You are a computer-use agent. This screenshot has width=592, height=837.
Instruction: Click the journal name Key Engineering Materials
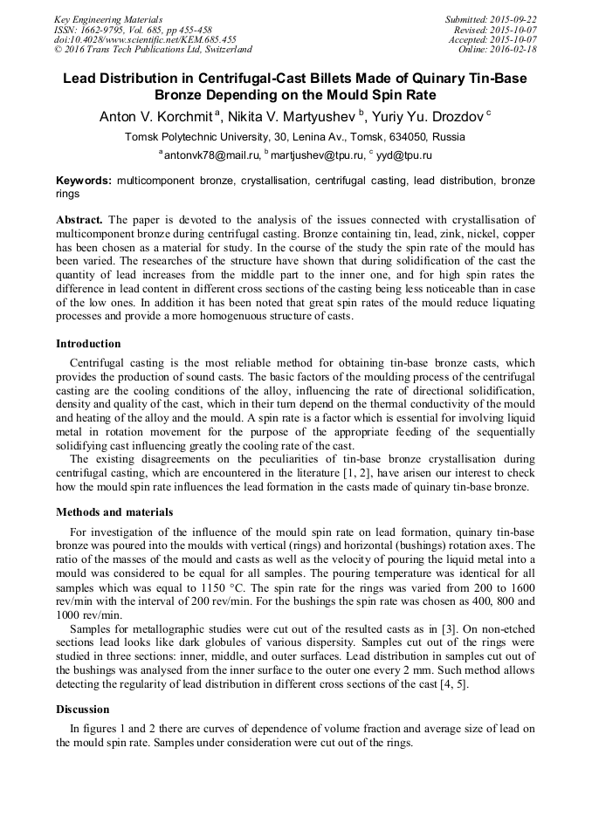pos(107,18)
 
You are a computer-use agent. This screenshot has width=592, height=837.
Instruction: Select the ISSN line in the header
pos(132,29)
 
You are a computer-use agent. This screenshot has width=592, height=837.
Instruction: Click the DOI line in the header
pos(145,39)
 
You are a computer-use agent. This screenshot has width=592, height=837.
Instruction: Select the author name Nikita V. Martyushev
pos(293,115)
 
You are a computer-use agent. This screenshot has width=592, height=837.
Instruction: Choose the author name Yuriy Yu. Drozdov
pos(428,115)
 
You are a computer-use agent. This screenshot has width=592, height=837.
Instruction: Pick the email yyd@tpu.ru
pos(403,155)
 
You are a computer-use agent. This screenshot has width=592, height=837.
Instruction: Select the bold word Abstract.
pos(79,219)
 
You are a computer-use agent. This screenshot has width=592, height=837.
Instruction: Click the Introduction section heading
pos(88,344)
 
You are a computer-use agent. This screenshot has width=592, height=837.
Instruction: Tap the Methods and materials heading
pos(114,512)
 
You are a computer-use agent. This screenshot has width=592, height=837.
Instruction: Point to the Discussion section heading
pos(83,710)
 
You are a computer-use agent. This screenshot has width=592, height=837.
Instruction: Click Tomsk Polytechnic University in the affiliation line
pos(197,137)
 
